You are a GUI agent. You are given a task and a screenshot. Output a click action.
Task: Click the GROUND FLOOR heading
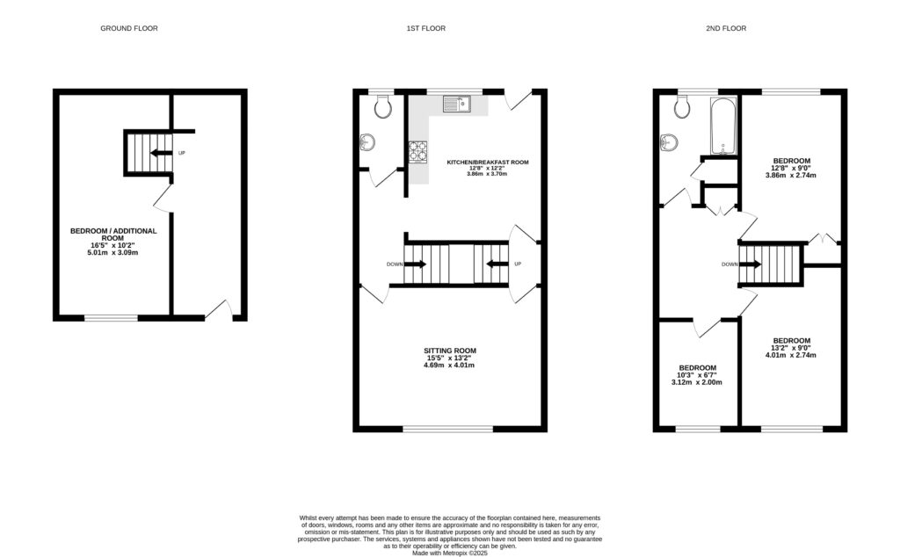coord(129,28)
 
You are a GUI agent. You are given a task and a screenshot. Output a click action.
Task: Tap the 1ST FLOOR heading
coord(425,28)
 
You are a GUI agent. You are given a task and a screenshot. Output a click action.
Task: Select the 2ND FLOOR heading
coord(726,28)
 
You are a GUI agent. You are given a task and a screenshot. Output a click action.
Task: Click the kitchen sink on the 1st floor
coord(457,105)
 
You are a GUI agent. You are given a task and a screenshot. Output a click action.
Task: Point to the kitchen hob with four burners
coord(417,152)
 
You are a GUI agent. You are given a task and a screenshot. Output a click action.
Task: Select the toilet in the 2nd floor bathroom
coord(682,107)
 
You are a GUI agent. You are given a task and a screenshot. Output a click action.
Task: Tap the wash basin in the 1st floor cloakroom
coord(367,142)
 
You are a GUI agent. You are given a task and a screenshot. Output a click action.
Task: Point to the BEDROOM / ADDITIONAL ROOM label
coord(113,235)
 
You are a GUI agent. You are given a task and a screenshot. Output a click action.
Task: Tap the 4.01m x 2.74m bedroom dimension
coord(791,356)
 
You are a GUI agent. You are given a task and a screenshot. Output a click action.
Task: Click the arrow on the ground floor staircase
coord(161,153)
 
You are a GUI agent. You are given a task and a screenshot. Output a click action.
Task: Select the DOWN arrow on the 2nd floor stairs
coord(752,264)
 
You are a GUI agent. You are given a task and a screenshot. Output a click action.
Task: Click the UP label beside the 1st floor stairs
coord(518,264)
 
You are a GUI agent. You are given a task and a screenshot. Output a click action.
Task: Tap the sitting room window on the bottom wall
coord(448,429)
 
